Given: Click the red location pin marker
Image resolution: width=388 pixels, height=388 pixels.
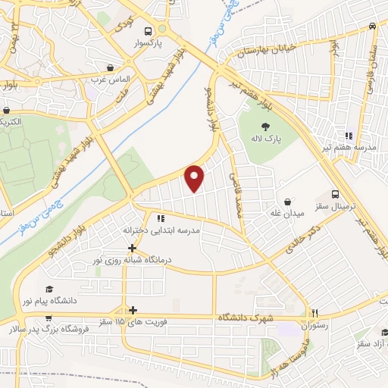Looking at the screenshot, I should pyautogui.click(x=195, y=178).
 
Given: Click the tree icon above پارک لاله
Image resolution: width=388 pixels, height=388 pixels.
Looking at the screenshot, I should pyautogui.click(x=267, y=127).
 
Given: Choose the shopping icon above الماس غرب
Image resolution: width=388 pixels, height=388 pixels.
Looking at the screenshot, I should pyautogui.click(x=111, y=67).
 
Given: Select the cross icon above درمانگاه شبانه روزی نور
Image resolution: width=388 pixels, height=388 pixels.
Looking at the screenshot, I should pyautogui.click(x=133, y=248).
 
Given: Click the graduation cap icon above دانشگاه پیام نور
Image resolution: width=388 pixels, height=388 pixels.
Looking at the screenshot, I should pyautogui.click(x=49, y=289).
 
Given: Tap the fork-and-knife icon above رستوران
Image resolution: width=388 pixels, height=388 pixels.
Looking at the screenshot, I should pyautogui.click(x=316, y=312).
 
